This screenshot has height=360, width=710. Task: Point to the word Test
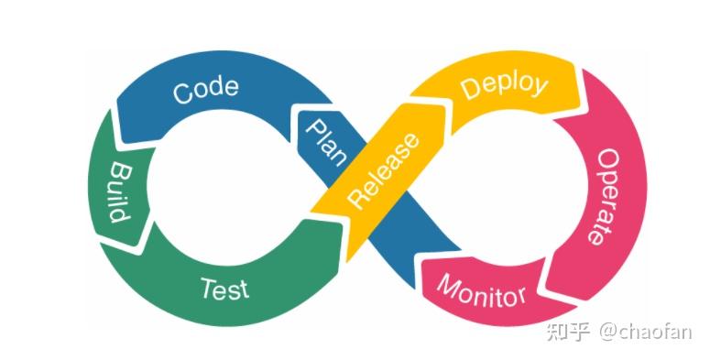pos(224,289)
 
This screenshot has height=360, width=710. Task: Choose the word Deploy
pos(504,87)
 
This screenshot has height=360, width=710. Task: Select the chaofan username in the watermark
pos(659,331)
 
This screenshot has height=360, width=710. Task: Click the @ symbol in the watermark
pos(611,332)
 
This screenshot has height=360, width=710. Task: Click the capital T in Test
pos(208,289)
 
